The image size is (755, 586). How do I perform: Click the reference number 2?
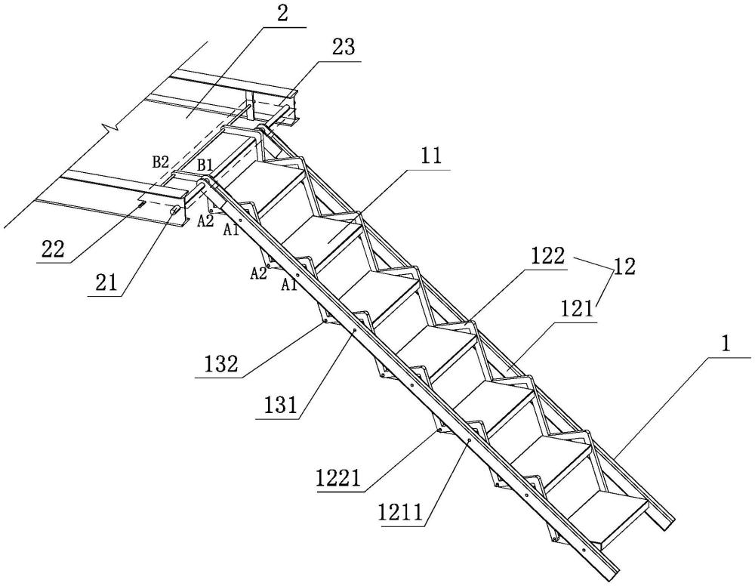(282, 13)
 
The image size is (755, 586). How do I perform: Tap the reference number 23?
(344, 47)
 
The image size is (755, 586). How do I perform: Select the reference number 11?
(430, 156)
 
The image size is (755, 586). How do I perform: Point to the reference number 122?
(547, 257)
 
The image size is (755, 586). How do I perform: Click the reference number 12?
(624, 267)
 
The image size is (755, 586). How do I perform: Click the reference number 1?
(727, 345)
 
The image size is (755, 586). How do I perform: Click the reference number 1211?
(401, 512)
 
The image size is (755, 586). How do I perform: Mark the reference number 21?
(106, 283)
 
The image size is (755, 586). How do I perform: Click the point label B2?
(161, 162)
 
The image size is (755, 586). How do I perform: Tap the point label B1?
(205, 165)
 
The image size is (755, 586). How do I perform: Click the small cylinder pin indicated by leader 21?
(175, 210)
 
